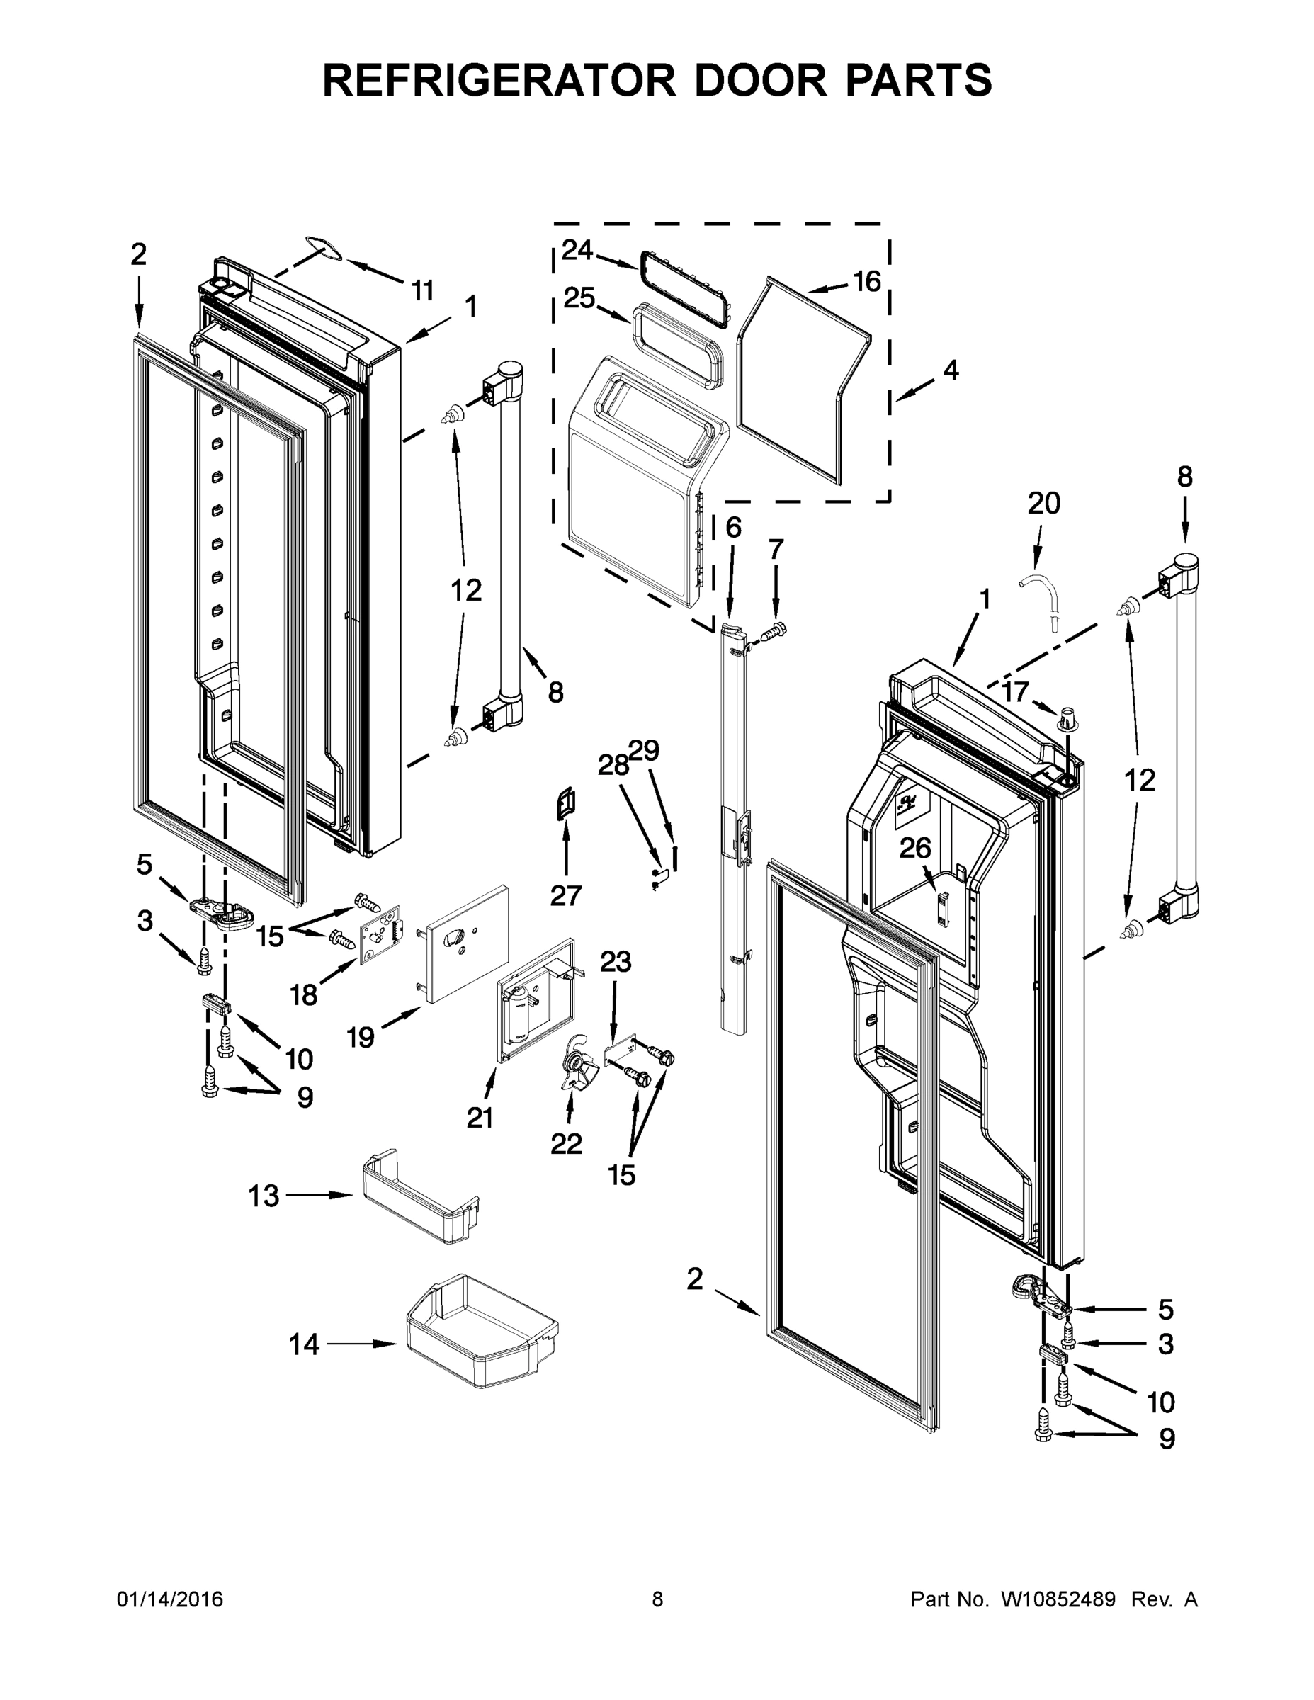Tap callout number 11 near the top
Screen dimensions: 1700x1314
click(422, 290)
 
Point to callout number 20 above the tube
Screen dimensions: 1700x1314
click(1043, 504)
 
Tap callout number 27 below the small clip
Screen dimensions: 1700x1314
click(566, 896)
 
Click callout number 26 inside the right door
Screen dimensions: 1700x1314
click(914, 849)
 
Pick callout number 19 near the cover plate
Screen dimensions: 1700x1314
click(361, 1037)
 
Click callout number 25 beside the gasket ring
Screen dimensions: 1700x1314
click(579, 298)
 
